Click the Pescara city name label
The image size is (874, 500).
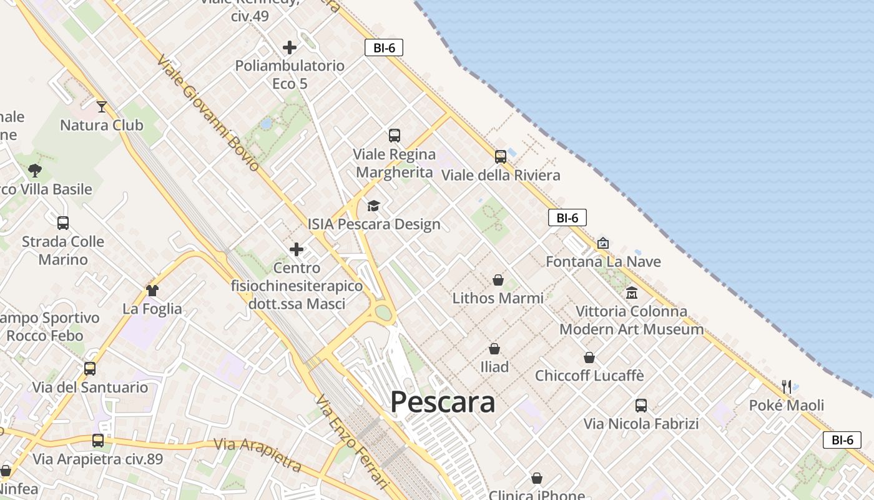(443, 402)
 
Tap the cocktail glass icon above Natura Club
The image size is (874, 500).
(102, 107)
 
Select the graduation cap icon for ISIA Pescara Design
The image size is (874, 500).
(373, 206)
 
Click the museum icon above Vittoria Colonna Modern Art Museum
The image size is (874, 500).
(631, 292)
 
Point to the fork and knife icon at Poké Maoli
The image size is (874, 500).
(787, 387)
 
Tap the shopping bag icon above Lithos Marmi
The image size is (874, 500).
(498, 280)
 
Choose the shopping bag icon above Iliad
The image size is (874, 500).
(494, 348)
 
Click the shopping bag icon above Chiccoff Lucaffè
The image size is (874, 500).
(589, 357)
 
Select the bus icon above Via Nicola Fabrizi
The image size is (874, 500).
(641, 405)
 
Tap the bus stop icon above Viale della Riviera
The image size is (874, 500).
(501, 156)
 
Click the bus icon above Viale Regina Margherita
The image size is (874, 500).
(395, 135)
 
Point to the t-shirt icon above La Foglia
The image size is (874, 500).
(152, 290)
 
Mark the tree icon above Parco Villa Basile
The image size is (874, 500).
(35, 170)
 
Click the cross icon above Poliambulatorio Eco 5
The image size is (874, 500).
(290, 47)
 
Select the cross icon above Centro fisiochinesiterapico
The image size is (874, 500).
(297, 250)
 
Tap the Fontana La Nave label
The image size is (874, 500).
(603, 261)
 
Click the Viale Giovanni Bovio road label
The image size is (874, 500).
(208, 113)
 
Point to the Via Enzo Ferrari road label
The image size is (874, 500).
(352, 441)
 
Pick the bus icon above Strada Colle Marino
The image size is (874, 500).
(63, 223)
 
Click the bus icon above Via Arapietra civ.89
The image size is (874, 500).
(98, 441)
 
